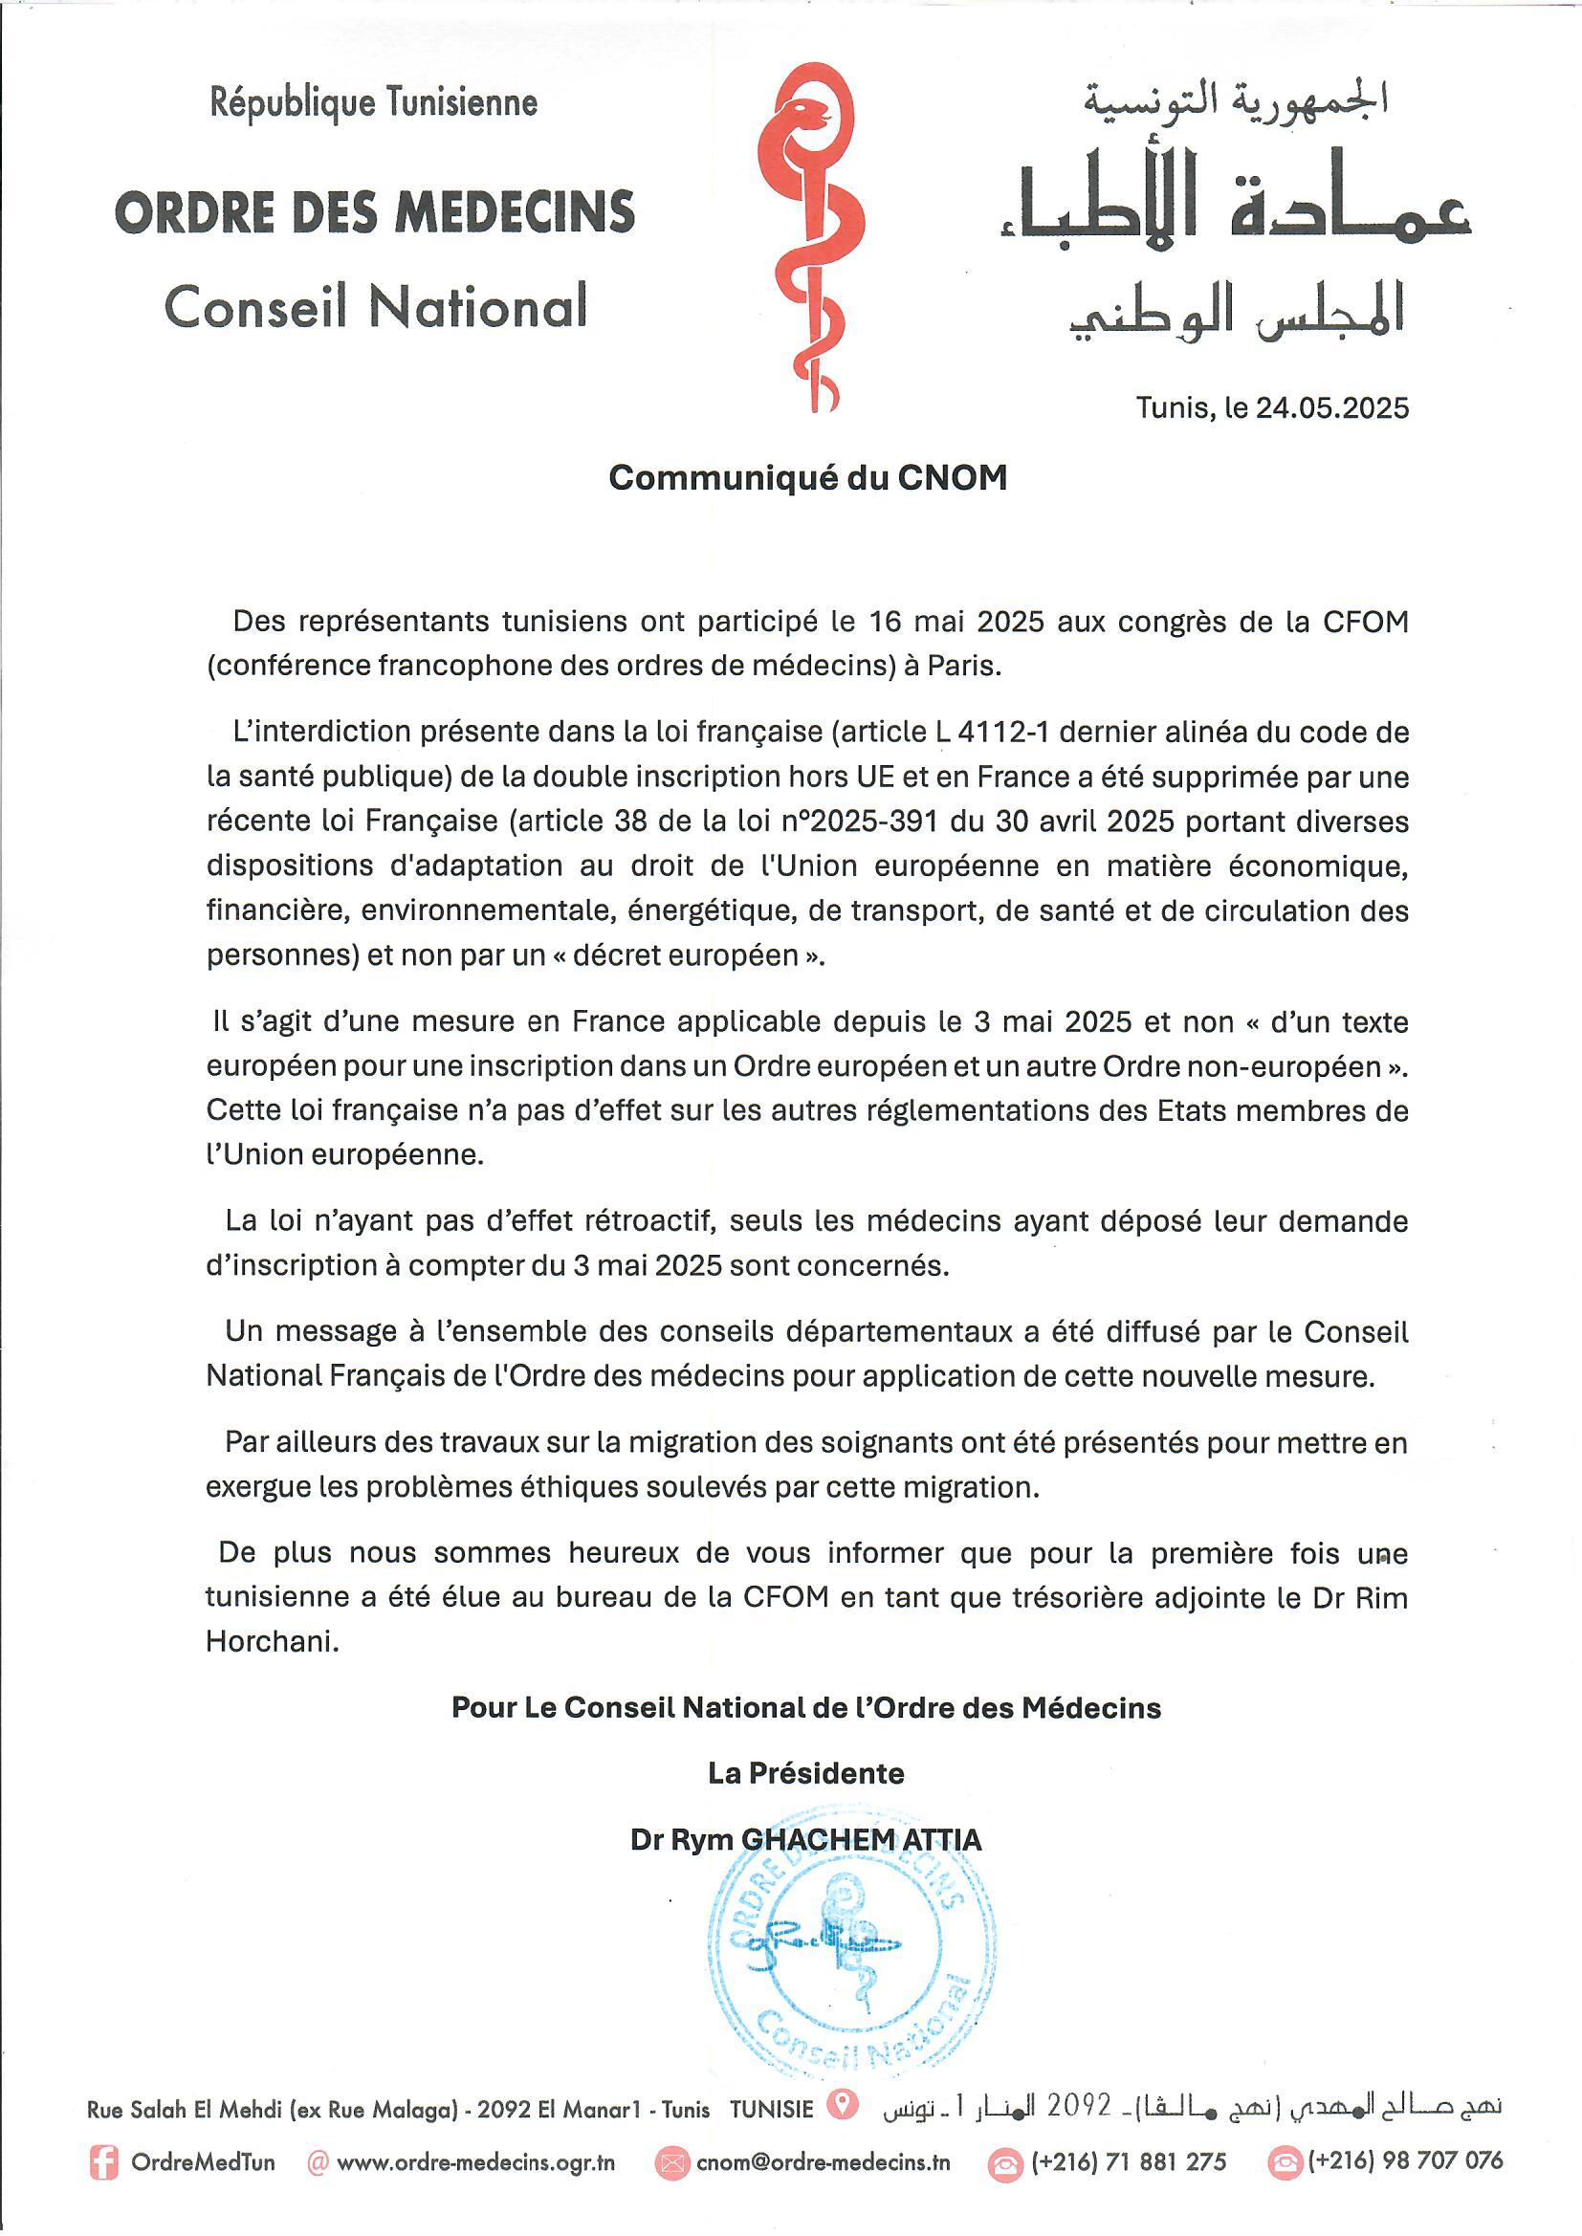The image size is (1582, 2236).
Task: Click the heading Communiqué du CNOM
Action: [x=807, y=478]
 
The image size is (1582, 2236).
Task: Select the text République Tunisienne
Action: [x=374, y=103]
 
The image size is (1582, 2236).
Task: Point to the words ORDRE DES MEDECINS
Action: [x=375, y=212]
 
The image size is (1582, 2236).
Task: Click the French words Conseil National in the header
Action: [x=376, y=307]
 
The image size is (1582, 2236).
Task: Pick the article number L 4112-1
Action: [x=992, y=733]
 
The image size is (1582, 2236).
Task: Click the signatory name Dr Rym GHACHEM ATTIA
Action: [x=806, y=1840]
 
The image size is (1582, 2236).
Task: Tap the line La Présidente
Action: [x=806, y=1773]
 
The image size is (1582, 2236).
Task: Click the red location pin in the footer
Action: [x=842, y=2106]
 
